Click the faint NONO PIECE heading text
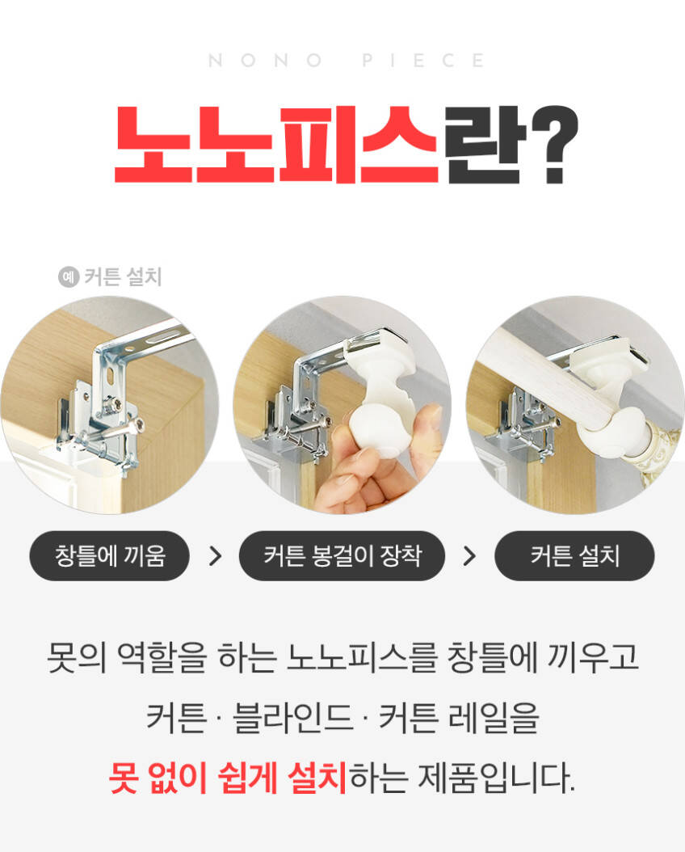tap(346, 60)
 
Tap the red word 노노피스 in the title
tap(276, 145)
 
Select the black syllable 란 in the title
tap(485, 145)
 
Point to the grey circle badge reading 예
tap(69, 277)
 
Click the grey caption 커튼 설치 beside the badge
tap(124, 277)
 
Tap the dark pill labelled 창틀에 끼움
tap(110, 556)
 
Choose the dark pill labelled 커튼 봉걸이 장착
tap(342, 556)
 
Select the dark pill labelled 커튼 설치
tap(574, 556)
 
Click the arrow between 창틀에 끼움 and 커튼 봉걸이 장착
tap(216, 556)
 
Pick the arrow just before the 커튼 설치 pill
tap(469, 556)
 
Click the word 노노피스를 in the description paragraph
tap(362, 657)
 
